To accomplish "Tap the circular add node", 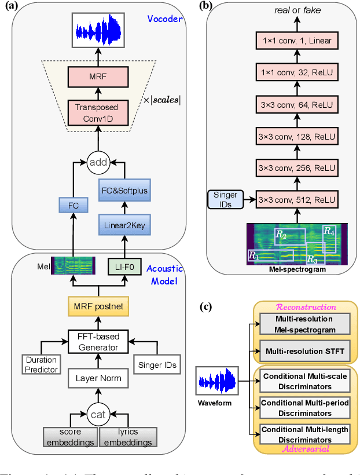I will click(x=98, y=163).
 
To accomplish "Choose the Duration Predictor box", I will click(x=41, y=363).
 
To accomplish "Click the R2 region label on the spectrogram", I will click(x=281, y=234).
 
